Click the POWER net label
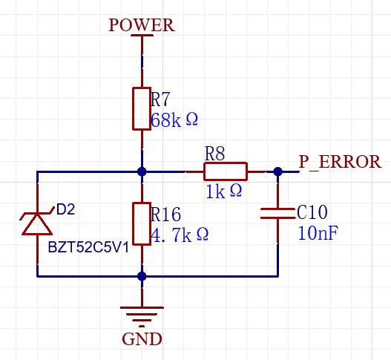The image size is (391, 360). click(142, 25)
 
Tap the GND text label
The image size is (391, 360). click(142, 338)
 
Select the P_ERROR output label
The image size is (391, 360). click(340, 162)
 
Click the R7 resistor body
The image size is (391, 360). click(142, 108)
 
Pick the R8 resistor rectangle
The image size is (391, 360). click(226, 171)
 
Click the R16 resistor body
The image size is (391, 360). click(142, 223)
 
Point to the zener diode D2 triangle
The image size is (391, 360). click(37, 224)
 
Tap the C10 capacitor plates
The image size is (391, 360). click(277, 213)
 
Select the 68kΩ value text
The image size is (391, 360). click(174, 120)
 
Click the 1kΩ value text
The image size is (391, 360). click(224, 192)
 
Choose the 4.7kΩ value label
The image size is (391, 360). click(180, 235)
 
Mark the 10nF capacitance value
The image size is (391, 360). click(318, 233)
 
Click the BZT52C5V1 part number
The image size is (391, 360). click(88, 247)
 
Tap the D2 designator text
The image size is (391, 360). click(65, 209)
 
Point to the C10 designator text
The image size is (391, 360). click(312, 212)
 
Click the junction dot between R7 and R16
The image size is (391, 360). click(142, 171)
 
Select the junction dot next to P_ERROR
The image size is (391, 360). click(277, 171)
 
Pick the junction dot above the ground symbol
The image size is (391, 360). click(142, 276)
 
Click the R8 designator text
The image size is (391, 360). click(214, 153)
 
